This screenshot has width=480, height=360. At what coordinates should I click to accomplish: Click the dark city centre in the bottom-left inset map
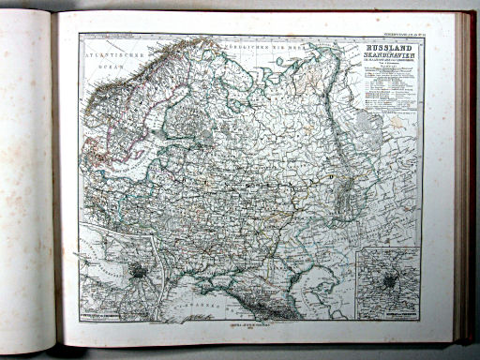click(138, 272)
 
